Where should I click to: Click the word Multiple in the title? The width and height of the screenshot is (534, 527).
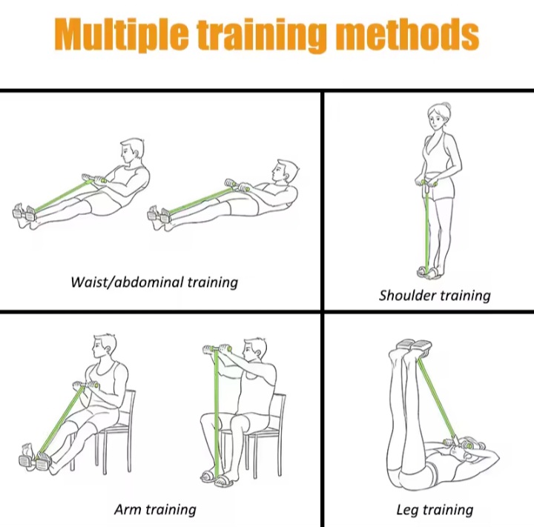tap(121, 35)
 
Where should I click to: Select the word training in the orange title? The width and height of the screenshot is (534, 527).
tap(262, 36)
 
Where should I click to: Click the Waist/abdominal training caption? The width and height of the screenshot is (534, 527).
tap(154, 282)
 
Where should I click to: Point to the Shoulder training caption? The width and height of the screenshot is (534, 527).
tap(435, 295)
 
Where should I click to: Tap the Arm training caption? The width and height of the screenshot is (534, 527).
tap(155, 510)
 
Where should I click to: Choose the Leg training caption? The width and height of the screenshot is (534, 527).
tap(435, 510)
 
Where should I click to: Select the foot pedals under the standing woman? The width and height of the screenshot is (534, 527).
tap(429, 272)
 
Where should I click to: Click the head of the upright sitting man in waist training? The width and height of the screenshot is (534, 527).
tap(132, 151)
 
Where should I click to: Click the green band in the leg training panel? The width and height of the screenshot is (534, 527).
tap(437, 397)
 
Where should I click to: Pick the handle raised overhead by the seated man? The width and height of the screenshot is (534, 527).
tap(217, 348)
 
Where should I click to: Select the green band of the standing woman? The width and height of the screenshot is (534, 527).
tap(426, 226)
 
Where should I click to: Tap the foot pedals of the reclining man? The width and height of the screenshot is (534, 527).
tap(159, 215)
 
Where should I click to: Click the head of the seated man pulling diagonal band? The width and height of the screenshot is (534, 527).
tap(105, 346)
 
